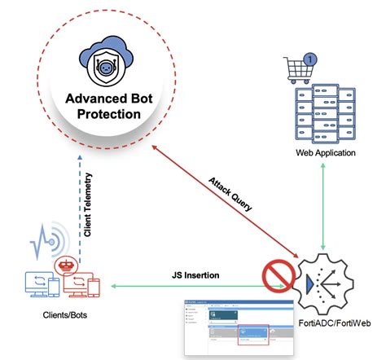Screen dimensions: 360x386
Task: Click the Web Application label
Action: point(323,153)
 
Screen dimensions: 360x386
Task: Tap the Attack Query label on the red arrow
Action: point(230,194)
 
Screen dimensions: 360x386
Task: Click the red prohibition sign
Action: point(278,278)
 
